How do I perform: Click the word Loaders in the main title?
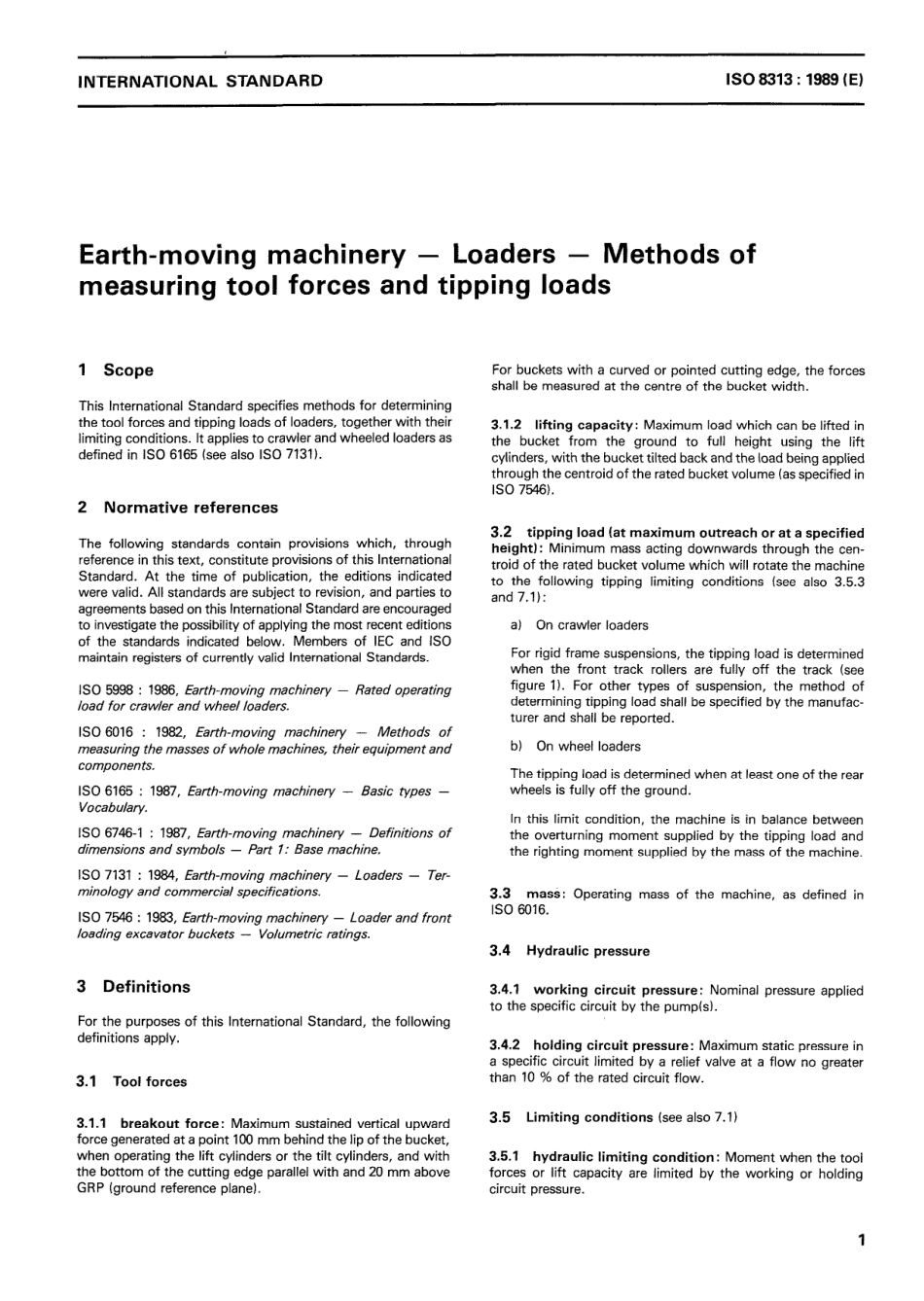[503, 255]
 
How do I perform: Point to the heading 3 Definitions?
[134, 986]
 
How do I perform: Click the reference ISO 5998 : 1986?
[125, 689]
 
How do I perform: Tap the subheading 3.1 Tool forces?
[132, 1081]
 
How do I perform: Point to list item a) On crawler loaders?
[579, 625]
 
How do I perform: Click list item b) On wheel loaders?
[575, 746]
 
